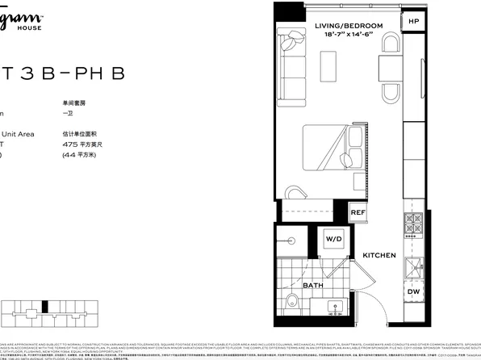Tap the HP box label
pos(413,22)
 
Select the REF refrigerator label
pos(358,213)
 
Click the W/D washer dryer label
pos(334,240)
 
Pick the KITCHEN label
pos(379,255)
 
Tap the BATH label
pos(313,285)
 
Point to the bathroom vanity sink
pos(334,308)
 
